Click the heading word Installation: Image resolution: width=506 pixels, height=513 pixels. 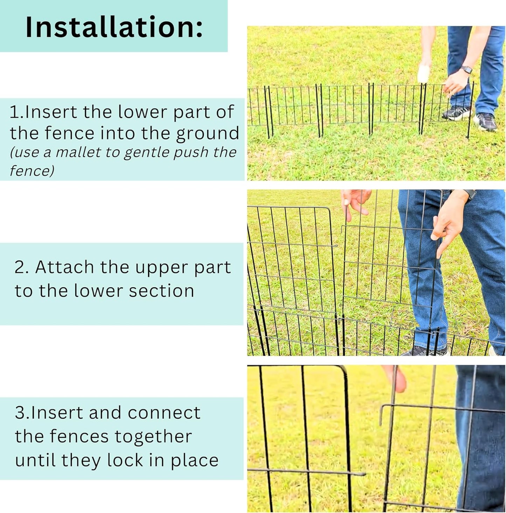click(114, 27)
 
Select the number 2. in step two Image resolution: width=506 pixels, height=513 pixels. click(22, 268)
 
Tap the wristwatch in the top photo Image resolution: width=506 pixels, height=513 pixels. click(466, 69)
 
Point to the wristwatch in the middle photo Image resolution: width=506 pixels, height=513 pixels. click(470, 195)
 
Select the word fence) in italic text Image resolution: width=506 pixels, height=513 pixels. click(32, 171)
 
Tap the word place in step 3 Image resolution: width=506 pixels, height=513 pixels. click(194, 461)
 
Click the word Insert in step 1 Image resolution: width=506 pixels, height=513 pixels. click(46, 112)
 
